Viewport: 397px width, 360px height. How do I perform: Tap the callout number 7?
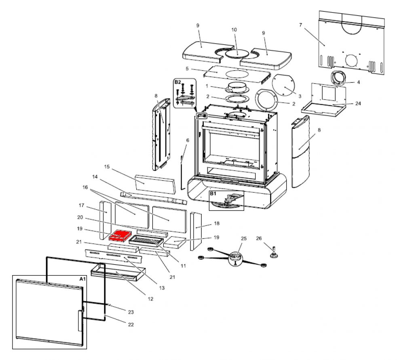pyautogui.click(x=300, y=25)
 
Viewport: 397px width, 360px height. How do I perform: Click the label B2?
pyautogui.click(x=178, y=82)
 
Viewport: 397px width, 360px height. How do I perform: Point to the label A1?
pyautogui.click(x=81, y=279)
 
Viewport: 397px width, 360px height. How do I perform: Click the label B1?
pyautogui.click(x=213, y=194)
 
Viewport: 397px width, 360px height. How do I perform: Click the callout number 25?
pyautogui.click(x=244, y=239)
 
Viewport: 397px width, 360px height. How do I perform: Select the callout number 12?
pyautogui.click(x=150, y=299)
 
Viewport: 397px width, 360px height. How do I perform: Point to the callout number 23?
pyautogui.click(x=131, y=312)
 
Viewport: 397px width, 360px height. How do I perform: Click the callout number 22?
pyautogui.click(x=131, y=324)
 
